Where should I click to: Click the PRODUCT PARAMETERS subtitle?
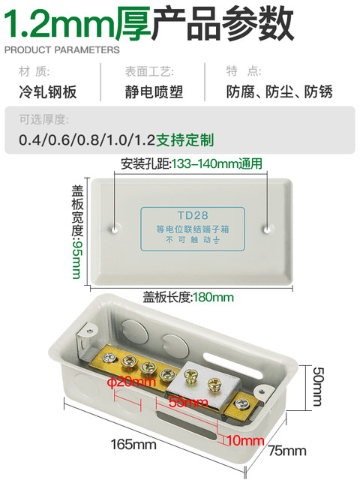tap(61, 50)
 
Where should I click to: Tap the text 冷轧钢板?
tap(49, 93)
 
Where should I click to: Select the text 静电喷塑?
tap(154, 93)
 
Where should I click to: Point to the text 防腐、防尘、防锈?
tap(280, 93)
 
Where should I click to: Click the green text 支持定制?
tap(185, 140)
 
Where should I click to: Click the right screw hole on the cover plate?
tap(267, 225)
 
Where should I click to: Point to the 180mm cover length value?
tap(214, 298)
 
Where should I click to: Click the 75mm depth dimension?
tap(289, 451)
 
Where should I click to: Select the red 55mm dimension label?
tap(188, 403)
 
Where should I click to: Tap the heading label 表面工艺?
tap(149, 72)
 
